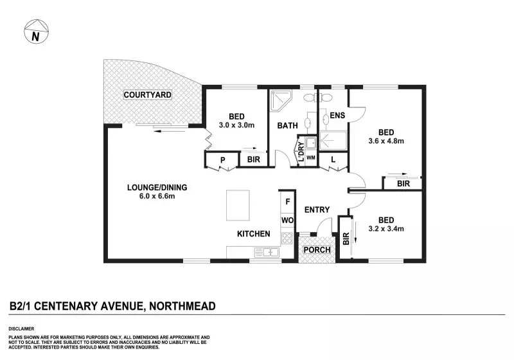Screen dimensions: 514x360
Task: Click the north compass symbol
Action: tap(37, 32)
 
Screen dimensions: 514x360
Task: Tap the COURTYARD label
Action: tap(148, 94)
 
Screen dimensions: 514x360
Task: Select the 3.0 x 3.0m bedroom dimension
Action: tap(236, 125)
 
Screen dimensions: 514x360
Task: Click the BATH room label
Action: tap(287, 125)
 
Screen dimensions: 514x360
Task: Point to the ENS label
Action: tap(337, 115)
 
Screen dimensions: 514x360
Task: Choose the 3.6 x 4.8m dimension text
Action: tap(386, 141)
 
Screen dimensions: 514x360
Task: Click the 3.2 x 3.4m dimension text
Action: tap(386, 228)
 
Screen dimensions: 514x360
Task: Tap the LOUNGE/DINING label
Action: tap(157, 187)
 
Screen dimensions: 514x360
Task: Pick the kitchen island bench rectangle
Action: tap(238, 205)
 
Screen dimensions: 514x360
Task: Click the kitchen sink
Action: tap(267, 252)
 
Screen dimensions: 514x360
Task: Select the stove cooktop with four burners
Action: tap(287, 238)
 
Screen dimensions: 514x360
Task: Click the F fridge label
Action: tap(288, 201)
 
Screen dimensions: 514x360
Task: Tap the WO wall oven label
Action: tap(287, 220)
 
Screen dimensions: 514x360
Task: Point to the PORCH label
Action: tap(317, 249)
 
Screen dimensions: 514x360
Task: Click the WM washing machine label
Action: tap(311, 157)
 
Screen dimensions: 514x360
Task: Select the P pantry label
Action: tap(222, 160)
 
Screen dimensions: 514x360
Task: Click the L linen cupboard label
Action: tap(333, 159)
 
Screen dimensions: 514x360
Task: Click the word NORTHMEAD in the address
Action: tap(182, 306)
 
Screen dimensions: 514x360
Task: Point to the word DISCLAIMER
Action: tap(21, 329)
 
